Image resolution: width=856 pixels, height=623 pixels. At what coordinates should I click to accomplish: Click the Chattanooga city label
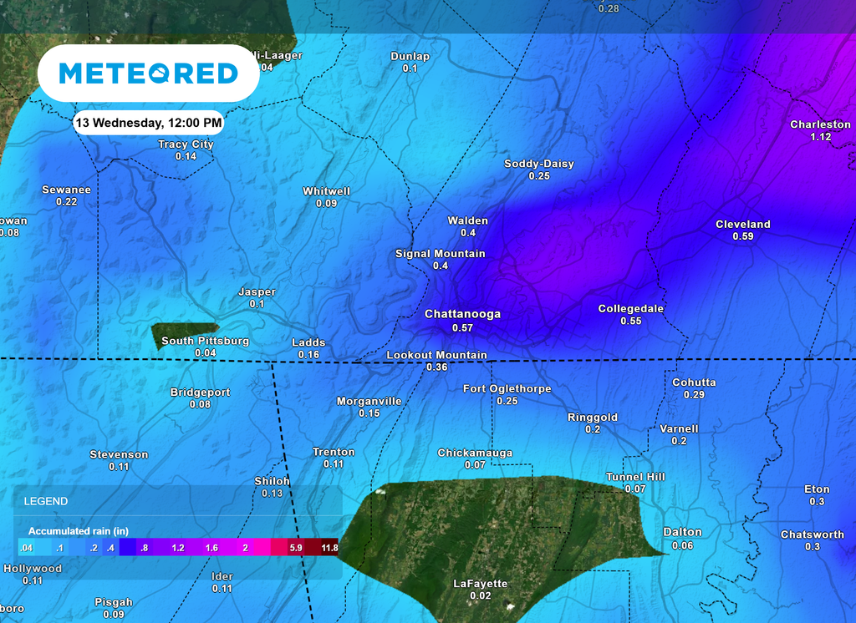point(462,314)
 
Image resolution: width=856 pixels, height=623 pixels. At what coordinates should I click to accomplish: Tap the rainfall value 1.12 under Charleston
point(820,137)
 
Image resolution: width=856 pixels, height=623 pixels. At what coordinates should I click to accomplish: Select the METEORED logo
point(148,73)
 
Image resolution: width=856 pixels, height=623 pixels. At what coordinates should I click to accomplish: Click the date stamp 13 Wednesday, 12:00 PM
point(148,123)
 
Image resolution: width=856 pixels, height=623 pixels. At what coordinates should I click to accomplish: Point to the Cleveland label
point(742,224)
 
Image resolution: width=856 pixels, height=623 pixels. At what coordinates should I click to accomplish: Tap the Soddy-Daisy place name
point(538,164)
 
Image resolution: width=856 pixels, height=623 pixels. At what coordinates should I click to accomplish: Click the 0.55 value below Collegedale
point(630,322)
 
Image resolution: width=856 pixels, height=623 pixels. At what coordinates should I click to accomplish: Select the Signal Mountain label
point(440,253)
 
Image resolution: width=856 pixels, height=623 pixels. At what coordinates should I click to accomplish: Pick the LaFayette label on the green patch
point(480,583)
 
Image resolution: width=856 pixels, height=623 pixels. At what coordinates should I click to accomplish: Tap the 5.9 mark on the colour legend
point(295,549)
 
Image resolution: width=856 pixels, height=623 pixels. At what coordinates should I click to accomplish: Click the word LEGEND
point(45,502)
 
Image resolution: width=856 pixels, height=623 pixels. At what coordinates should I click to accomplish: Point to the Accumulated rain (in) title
point(78,531)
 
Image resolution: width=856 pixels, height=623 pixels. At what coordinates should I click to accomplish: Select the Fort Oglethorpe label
point(507,388)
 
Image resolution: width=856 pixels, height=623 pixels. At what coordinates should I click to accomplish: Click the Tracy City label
point(186,144)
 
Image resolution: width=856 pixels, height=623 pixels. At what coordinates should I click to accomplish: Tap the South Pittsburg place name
point(205,341)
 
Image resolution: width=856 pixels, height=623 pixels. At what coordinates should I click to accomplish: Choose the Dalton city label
point(682,532)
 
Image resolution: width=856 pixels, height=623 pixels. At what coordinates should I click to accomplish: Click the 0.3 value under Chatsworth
point(812,546)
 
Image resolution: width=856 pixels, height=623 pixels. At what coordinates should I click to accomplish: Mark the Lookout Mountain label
point(436,355)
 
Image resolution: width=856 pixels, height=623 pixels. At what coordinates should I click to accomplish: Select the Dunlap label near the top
point(410,56)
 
